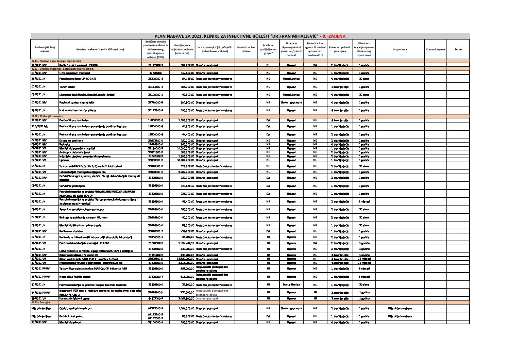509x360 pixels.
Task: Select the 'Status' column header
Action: coord(458,49)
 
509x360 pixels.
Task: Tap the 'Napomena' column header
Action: coord(400,49)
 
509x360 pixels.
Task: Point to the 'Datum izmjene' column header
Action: coord(435,49)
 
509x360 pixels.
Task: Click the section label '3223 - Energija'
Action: coord(40,302)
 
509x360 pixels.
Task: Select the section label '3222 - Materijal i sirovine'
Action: coord(47,116)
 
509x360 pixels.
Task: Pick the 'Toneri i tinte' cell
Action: coord(66,87)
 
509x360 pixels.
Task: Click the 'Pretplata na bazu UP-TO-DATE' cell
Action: coord(78,79)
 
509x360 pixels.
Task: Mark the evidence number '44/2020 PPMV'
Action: coord(40,293)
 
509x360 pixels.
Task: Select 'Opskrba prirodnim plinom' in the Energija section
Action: coord(75,308)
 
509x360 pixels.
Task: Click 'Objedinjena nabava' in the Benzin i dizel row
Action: coord(400,316)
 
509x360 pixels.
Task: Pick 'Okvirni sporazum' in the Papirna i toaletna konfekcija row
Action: coord(291,102)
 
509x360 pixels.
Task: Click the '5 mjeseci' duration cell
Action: coord(364,269)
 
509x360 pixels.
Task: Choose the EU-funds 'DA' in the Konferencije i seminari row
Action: coord(315,65)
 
